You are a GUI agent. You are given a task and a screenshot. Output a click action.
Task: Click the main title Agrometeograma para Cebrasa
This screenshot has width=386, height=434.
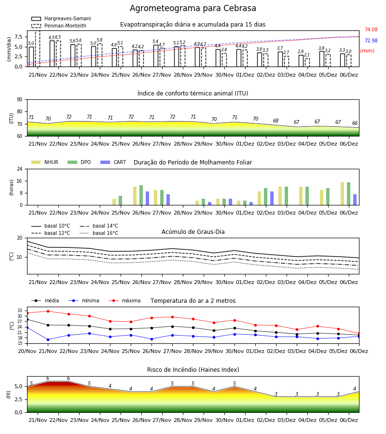tap(193, 8)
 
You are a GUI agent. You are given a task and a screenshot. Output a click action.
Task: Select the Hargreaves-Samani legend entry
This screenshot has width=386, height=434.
tap(61, 18)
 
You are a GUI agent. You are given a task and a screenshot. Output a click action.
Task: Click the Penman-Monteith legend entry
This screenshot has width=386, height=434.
tap(59, 26)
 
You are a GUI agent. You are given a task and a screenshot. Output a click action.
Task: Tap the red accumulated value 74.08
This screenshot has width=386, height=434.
tap(371, 29)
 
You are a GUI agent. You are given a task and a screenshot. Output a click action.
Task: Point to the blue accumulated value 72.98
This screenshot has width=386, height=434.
tap(371, 41)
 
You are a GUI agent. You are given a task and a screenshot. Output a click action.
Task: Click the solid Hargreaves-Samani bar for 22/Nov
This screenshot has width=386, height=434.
tap(52, 54)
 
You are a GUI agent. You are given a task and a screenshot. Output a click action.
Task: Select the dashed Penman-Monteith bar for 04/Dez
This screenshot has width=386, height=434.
tap(307, 63)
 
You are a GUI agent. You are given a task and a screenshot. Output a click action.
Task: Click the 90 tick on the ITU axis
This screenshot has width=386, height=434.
tap(20, 100)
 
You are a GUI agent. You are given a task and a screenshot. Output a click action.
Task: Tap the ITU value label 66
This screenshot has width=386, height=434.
tap(355, 123)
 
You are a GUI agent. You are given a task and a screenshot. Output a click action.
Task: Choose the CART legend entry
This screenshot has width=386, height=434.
tap(113, 162)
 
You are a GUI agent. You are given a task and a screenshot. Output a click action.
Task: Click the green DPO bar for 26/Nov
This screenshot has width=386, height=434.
tap(141, 195)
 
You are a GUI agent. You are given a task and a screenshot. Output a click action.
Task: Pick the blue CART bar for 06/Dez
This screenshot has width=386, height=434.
tap(355, 200)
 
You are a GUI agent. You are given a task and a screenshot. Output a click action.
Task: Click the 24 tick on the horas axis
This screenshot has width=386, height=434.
tap(20, 169)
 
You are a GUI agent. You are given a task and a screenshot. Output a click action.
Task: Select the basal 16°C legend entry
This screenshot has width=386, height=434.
tap(99, 233)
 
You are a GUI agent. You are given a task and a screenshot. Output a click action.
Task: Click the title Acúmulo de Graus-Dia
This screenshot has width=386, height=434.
tap(193, 232)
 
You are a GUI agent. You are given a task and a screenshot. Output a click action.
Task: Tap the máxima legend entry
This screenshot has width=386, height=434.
tap(125, 300)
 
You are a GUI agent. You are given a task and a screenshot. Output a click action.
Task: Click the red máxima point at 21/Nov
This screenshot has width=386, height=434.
tap(48, 312)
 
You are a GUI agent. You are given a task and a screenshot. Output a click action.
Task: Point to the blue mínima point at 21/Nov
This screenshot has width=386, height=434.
tap(48, 339)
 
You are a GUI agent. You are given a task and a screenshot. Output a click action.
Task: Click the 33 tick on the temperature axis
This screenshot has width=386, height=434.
tap(20, 311)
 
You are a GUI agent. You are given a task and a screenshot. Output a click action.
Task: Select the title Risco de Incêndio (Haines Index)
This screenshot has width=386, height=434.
tap(193, 370)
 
